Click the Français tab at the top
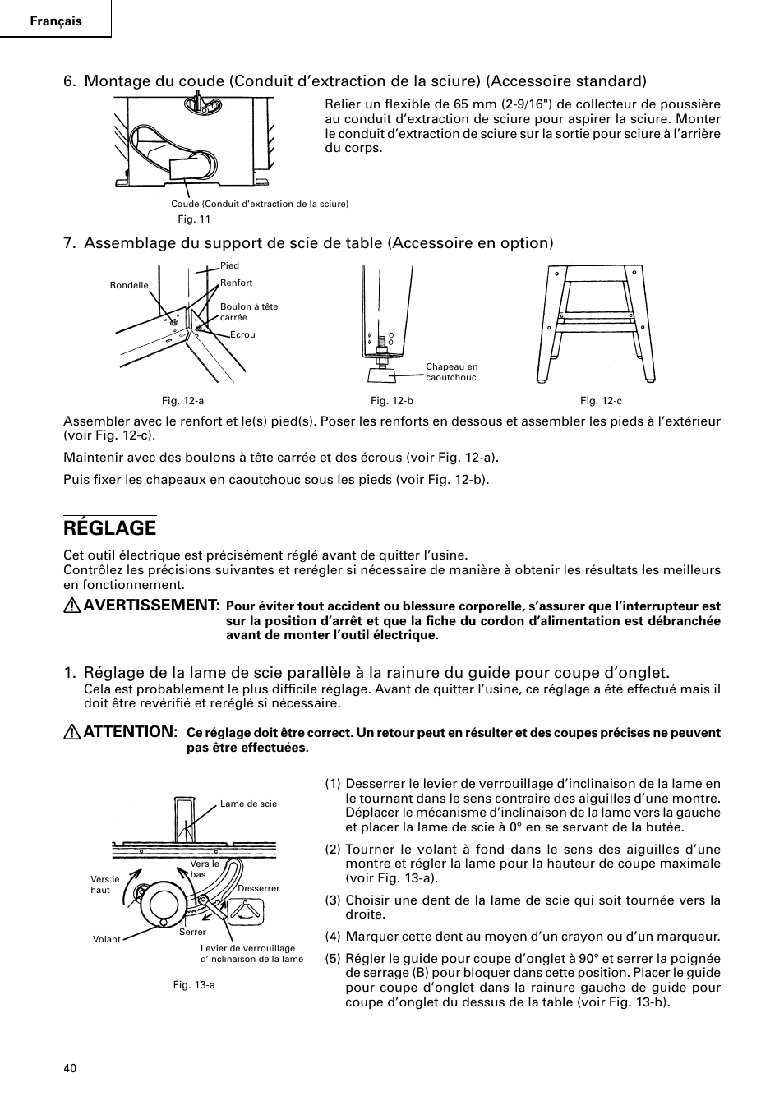(x=56, y=21)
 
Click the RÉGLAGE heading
(x=109, y=527)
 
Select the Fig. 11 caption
(x=195, y=219)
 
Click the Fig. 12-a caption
(x=182, y=400)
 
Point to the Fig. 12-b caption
(x=392, y=400)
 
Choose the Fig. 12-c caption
(x=601, y=400)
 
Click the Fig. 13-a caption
(x=194, y=984)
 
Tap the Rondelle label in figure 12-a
(x=129, y=286)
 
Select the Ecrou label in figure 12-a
(x=242, y=334)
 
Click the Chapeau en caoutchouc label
(x=451, y=372)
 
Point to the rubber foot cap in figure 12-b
(x=380, y=375)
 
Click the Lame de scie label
(x=248, y=804)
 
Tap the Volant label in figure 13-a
(x=107, y=939)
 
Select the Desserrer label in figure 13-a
(x=258, y=888)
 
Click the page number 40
(x=70, y=1068)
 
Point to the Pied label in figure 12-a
(x=229, y=265)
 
